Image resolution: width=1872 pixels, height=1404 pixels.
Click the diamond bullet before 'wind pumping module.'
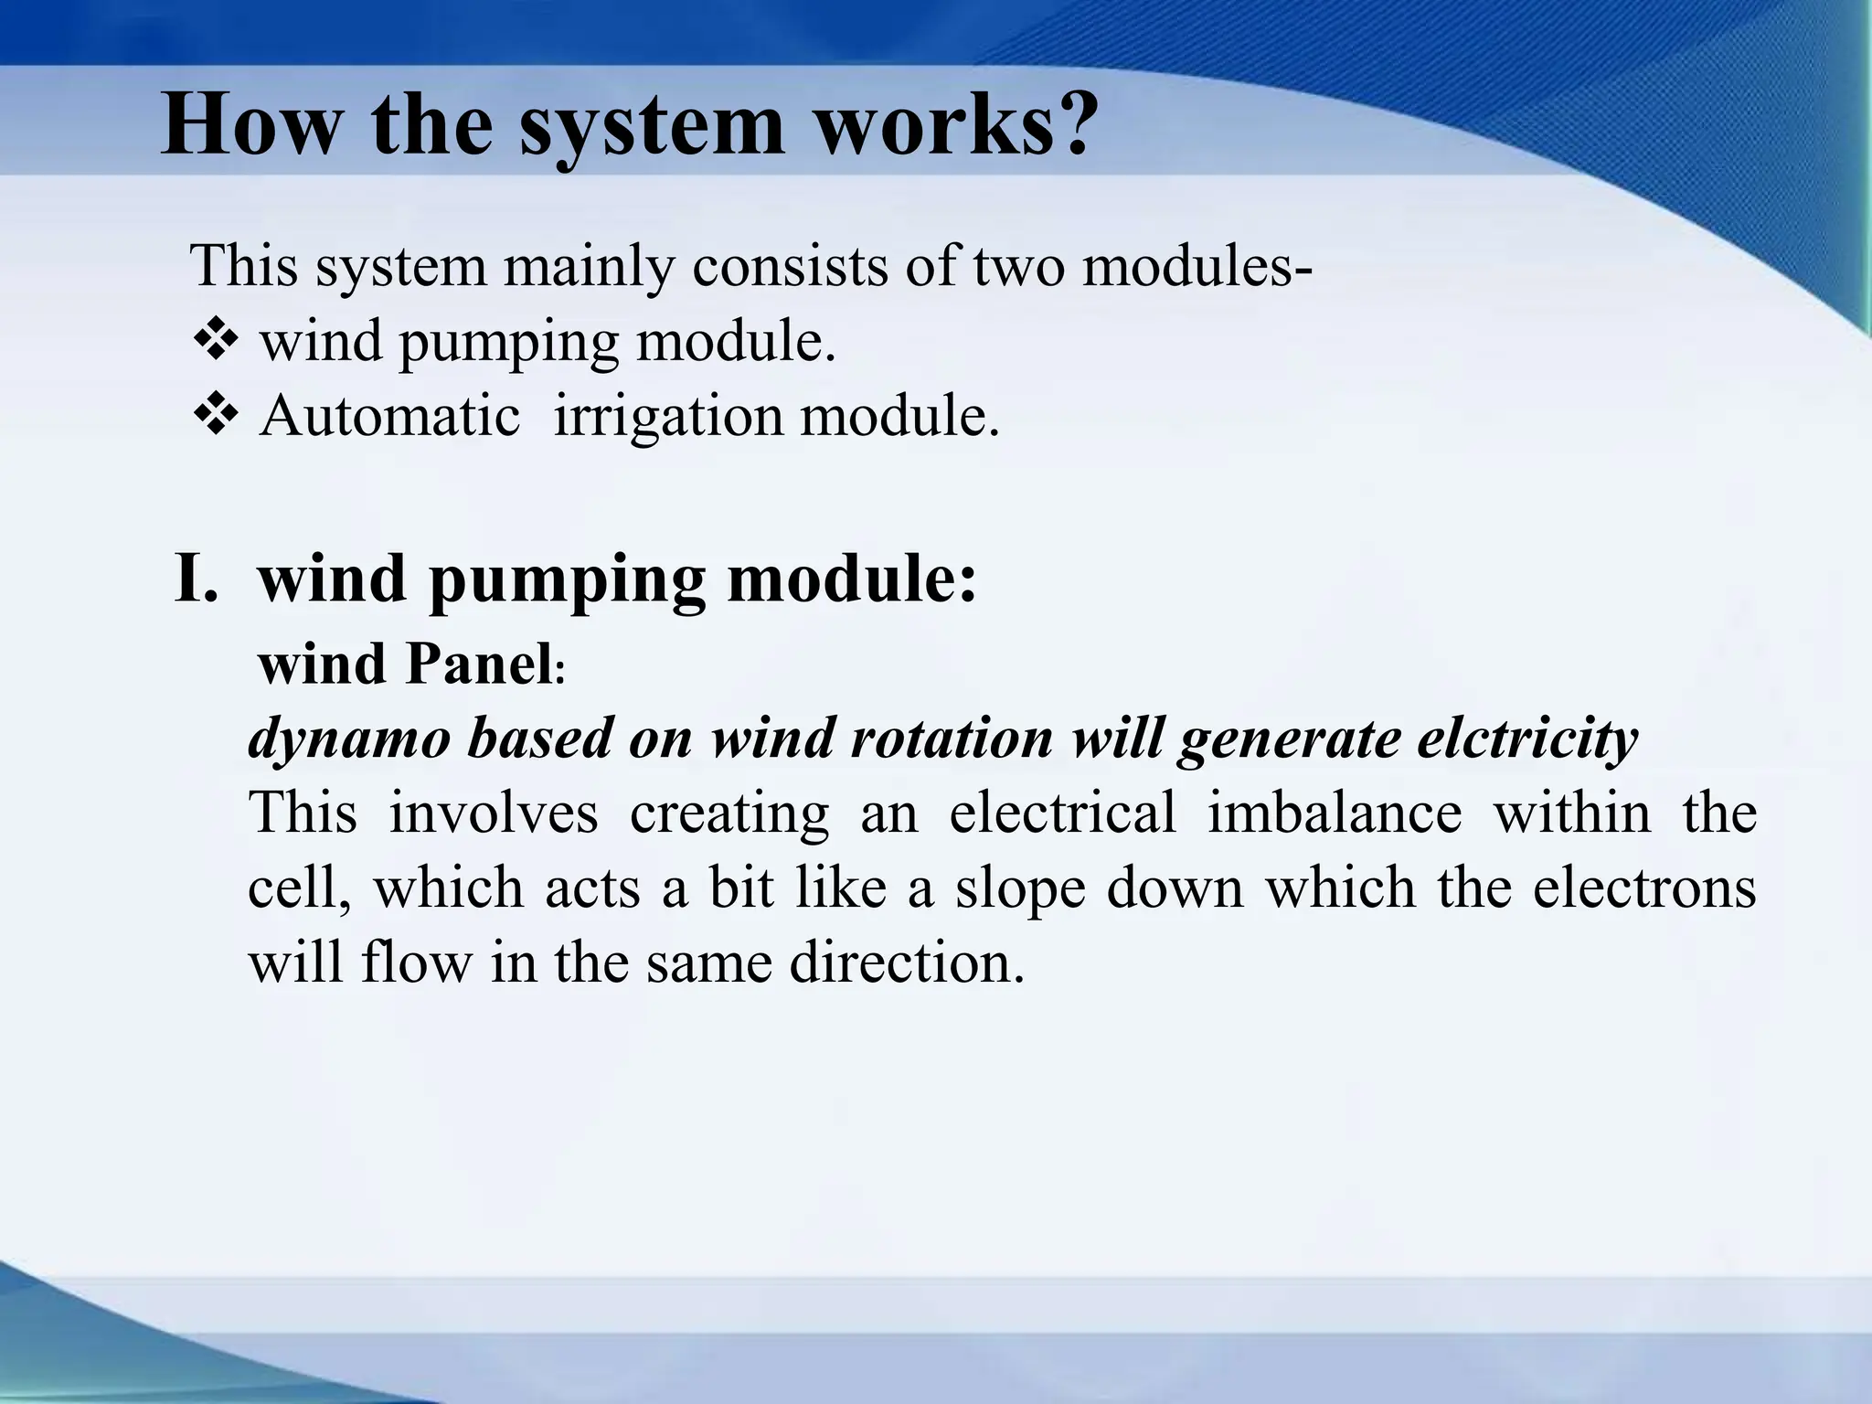[217, 342]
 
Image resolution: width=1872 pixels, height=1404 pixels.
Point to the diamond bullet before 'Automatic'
[217, 416]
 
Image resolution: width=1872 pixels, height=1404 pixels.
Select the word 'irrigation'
[668, 416]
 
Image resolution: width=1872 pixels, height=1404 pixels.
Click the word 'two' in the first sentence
[1019, 267]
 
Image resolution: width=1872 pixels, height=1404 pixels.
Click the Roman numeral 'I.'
[197, 580]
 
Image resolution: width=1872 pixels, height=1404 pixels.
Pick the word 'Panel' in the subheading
[478, 665]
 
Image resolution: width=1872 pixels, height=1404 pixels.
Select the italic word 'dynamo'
[349, 738]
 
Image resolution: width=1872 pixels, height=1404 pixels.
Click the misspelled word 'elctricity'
[1526, 738]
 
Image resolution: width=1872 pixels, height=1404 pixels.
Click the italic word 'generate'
[1289, 738]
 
